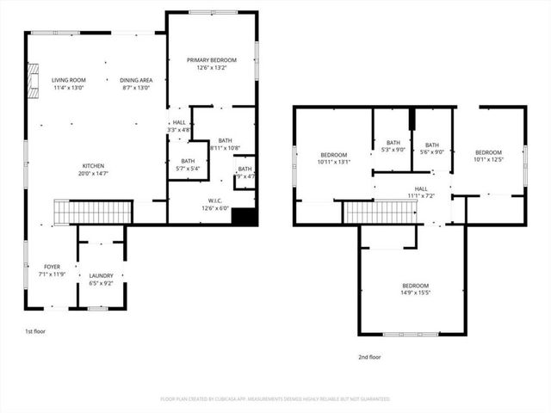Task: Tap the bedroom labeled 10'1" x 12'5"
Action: click(x=488, y=155)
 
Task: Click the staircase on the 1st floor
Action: click(x=92, y=212)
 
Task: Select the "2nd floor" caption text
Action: click(x=370, y=356)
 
